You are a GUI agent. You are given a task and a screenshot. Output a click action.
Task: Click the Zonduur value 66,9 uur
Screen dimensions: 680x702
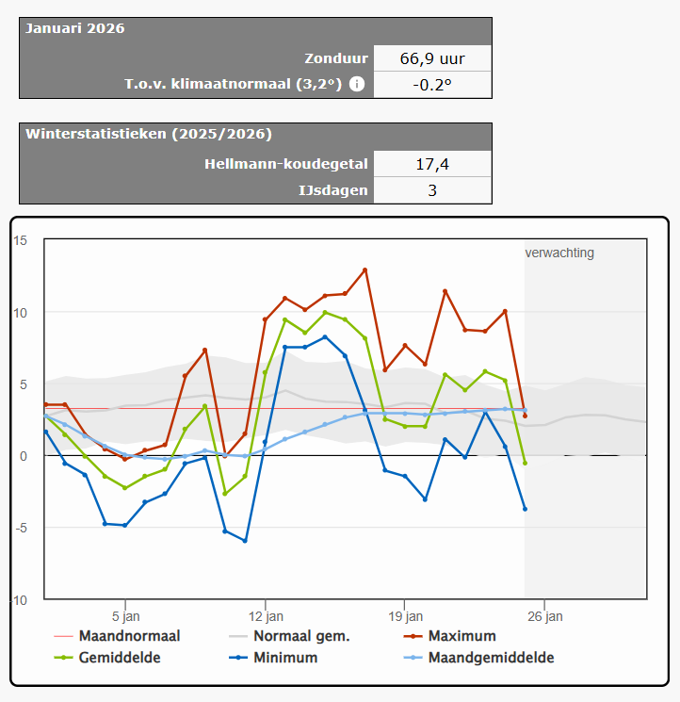[432, 58]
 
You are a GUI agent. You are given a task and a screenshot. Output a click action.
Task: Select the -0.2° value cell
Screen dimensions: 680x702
[432, 85]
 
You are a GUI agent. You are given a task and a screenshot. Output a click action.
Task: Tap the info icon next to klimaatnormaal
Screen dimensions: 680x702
[357, 84]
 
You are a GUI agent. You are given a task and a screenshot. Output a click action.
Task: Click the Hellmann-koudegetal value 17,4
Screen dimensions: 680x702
[432, 164]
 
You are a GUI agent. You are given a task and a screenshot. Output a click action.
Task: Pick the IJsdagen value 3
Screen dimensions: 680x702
[432, 190]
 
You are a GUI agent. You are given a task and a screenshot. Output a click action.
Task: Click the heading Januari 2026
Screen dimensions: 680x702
[75, 28]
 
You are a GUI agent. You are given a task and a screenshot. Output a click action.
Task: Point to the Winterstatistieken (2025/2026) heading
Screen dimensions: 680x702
[149, 134]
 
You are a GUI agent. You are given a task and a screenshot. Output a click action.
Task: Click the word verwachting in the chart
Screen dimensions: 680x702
[559, 253]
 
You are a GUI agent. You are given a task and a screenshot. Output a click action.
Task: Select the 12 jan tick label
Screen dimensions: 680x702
[266, 616]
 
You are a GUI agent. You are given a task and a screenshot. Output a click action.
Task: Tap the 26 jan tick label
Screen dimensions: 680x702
[545, 616]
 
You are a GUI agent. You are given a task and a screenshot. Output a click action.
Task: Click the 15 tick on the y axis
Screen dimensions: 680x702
[20, 241]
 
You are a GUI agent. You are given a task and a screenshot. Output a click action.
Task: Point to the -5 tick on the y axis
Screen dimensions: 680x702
[21, 529]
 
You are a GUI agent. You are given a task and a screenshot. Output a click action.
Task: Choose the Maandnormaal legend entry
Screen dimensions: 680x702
[117, 636]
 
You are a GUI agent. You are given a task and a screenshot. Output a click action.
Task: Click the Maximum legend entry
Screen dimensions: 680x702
[449, 636]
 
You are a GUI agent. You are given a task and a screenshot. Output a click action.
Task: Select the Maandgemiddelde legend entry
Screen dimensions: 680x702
[478, 658]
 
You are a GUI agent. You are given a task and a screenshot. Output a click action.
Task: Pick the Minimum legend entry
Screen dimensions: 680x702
[273, 658]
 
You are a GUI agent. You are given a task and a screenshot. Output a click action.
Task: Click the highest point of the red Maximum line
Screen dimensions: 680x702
[365, 270]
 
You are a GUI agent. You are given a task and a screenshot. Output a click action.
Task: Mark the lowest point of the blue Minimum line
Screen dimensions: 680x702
[245, 541]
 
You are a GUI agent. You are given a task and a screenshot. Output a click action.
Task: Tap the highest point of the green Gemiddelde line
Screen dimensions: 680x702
[325, 313]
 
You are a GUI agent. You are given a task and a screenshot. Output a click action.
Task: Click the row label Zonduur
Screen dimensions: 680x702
[336, 58]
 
